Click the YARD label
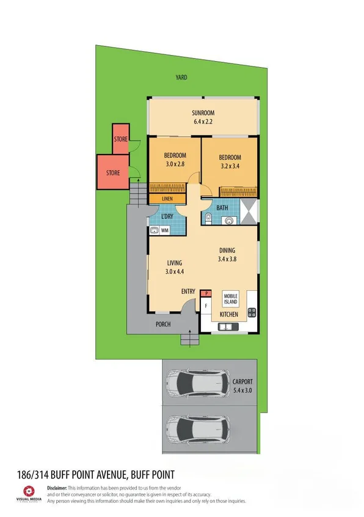(x=181, y=78)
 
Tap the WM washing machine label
(x=165, y=230)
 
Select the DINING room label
(x=227, y=251)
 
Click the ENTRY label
(x=188, y=291)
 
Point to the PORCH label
(x=162, y=324)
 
